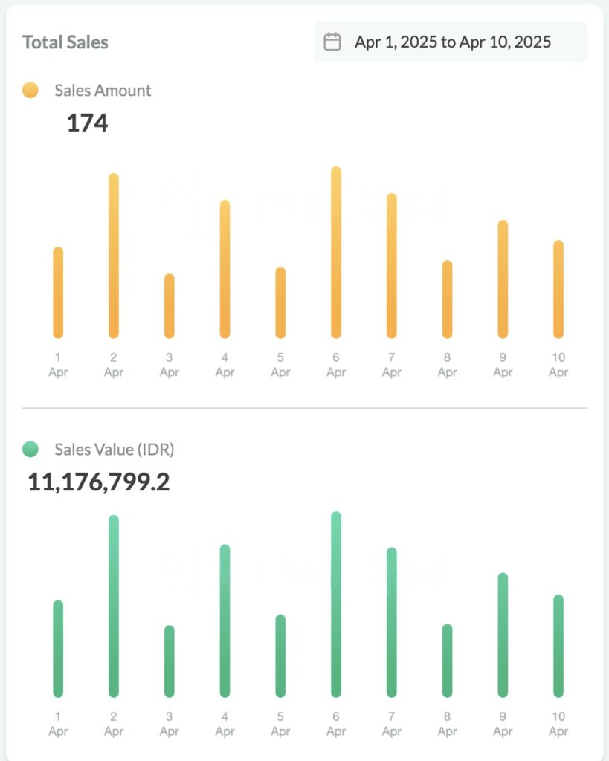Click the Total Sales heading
[x=65, y=42]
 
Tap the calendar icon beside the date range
[x=332, y=42]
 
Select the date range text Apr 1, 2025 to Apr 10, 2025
[x=453, y=42]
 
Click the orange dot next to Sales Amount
[x=30, y=91]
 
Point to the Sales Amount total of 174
[x=87, y=123]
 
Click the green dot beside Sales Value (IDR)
[x=30, y=449]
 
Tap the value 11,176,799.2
[x=99, y=482]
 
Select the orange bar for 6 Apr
[x=336, y=253]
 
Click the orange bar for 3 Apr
[x=170, y=306]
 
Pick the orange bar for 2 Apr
[x=114, y=256]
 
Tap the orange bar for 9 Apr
[x=503, y=279]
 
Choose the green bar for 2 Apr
[x=114, y=606]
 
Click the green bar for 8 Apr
[x=447, y=660]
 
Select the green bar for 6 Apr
[x=336, y=604]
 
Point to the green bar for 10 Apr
[x=558, y=646]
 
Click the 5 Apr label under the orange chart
[x=280, y=365]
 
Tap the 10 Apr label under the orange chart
[x=558, y=365]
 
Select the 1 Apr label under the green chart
[x=58, y=724]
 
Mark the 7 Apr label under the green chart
[x=392, y=724]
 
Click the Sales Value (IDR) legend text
[x=115, y=449]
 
